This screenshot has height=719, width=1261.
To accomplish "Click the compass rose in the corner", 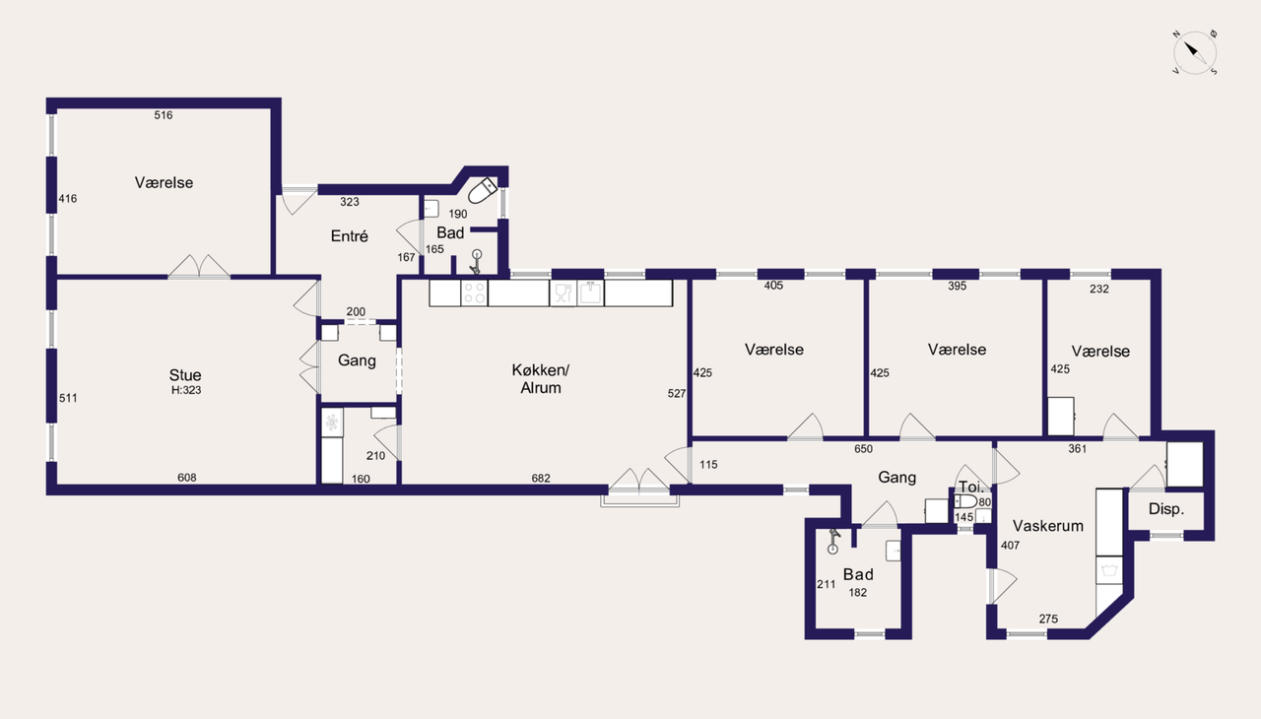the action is [1195, 52].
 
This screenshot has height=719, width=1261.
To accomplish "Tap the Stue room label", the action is [185, 375].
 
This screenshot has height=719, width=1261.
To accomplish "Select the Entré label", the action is [350, 236].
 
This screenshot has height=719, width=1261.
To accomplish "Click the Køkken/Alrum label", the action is [541, 378].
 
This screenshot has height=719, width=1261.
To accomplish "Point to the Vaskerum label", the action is [1048, 526].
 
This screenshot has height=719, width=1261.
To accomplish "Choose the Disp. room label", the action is [1166, 509].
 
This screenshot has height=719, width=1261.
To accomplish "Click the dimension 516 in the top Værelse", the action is [164, 115].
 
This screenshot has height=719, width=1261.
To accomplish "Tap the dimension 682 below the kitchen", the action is [541, 479].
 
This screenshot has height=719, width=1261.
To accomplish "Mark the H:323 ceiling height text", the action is [186, 390].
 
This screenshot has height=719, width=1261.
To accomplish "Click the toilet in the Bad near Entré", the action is [483, 191].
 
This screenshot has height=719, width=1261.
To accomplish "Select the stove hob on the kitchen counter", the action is [474, 294].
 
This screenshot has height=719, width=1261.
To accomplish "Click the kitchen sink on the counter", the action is [590, 293].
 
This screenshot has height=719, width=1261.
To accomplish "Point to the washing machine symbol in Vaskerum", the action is [1109, 570].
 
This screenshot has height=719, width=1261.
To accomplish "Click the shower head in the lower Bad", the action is [833, 541].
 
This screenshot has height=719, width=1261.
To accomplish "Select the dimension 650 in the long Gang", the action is [864, 449].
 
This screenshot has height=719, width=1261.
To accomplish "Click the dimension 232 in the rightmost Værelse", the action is [1099, 290].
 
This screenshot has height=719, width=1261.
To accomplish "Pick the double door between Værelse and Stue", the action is [199, 267].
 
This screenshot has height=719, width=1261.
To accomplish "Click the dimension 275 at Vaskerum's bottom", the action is [1048, 619].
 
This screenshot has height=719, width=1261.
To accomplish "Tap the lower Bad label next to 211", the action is [858, 574].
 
